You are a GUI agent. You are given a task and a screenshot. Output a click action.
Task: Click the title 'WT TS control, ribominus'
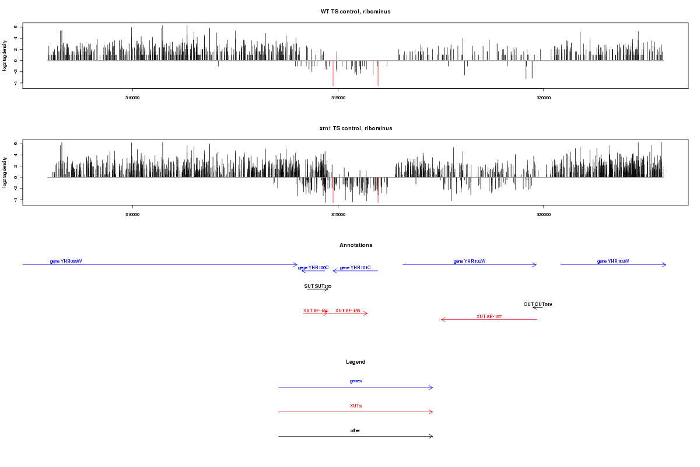355,12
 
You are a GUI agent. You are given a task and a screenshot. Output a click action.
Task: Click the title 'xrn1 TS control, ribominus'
355,128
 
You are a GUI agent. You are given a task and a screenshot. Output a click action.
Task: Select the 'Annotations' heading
355,245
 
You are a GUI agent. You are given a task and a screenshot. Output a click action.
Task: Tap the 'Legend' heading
355,362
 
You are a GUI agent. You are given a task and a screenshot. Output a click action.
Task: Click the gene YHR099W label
66,261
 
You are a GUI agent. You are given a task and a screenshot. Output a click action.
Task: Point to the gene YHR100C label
313,267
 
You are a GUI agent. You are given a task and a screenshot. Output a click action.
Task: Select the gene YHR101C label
355,267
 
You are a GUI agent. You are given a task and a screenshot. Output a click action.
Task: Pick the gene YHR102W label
470,261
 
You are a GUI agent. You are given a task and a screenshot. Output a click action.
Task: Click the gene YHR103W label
613,261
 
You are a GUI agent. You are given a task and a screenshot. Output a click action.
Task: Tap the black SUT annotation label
318,286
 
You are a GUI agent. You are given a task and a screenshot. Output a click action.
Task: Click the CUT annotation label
538,304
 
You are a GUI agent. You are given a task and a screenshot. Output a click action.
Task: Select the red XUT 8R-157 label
489,316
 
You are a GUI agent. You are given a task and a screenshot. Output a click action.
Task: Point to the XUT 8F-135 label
348,311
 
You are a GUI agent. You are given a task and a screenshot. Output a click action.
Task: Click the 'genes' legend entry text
355,381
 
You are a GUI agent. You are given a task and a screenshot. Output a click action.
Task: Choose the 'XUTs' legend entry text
355,405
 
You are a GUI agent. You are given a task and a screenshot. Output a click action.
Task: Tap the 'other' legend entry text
355,430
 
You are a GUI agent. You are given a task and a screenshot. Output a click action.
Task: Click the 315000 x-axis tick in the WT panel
338,97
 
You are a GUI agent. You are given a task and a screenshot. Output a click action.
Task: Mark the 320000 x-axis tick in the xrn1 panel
543,214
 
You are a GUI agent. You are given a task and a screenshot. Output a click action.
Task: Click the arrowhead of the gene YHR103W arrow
664,265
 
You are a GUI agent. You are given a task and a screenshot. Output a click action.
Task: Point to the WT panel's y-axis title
5,56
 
